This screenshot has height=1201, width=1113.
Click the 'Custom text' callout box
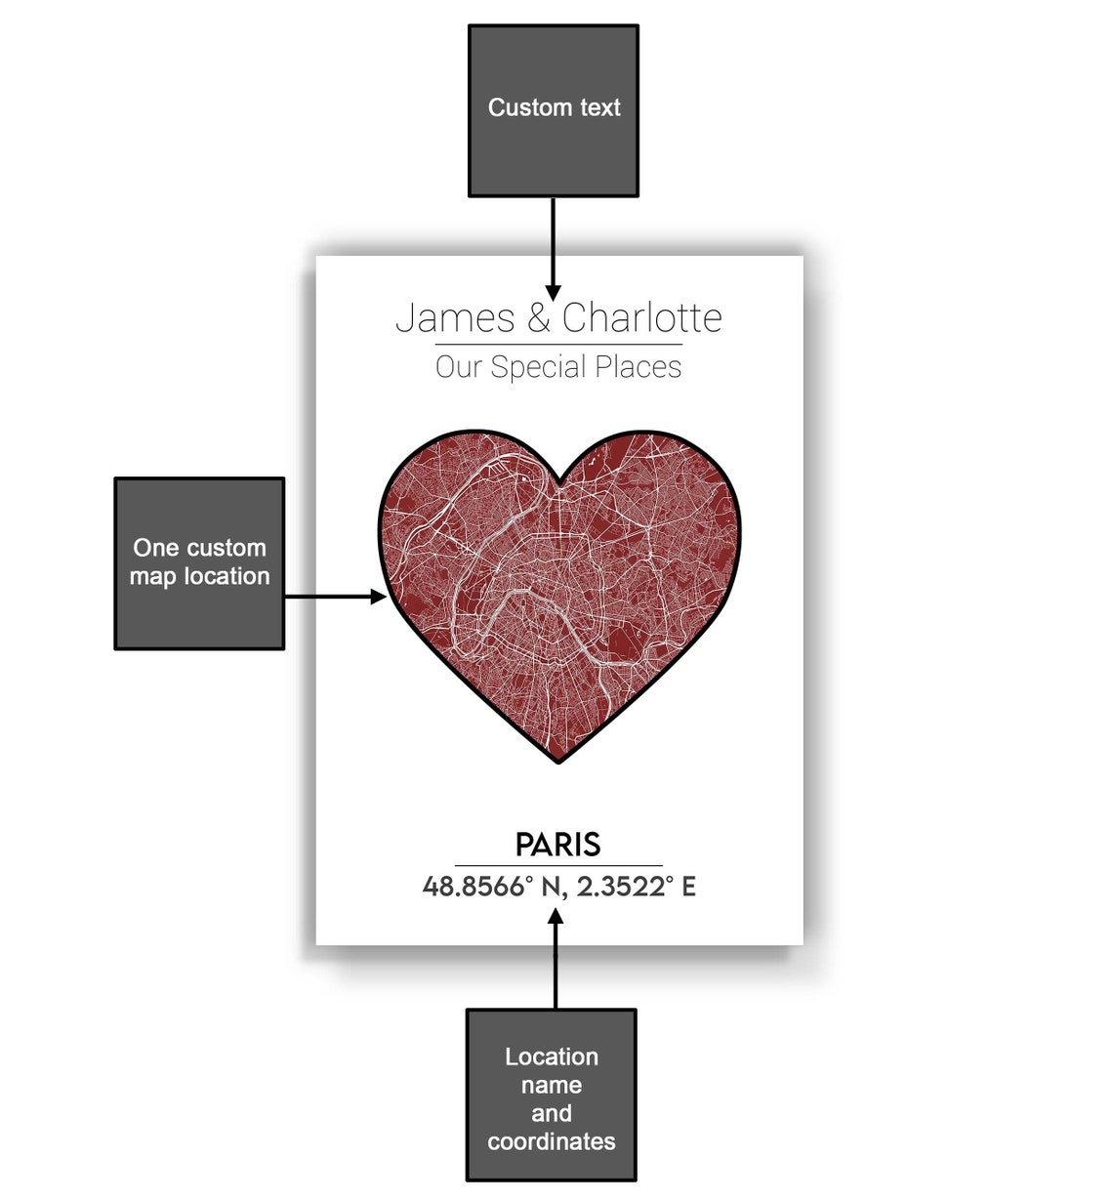pos(554,111)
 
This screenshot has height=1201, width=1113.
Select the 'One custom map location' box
pos(199,563)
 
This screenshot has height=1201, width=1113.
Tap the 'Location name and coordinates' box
pos(552,1096)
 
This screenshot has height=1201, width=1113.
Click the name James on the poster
pos(455,318)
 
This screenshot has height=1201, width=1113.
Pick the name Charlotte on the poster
pos(641,318)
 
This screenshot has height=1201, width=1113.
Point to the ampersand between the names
pos(538,319)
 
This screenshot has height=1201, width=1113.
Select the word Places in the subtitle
pos(639,367)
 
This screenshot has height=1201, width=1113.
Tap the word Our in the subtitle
pos(459,367)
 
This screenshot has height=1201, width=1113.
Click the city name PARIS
pos(558,845)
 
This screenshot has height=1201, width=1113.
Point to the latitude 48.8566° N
pos(493,887)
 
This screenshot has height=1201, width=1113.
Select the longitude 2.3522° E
pos(636,887)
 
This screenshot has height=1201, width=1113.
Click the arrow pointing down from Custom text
pos(554,249)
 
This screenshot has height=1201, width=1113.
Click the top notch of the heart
pos(558,480)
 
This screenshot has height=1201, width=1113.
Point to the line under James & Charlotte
pos(558,345)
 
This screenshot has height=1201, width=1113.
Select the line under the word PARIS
pos(558,865)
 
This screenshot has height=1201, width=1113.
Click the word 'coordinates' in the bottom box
pos(552,1141)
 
